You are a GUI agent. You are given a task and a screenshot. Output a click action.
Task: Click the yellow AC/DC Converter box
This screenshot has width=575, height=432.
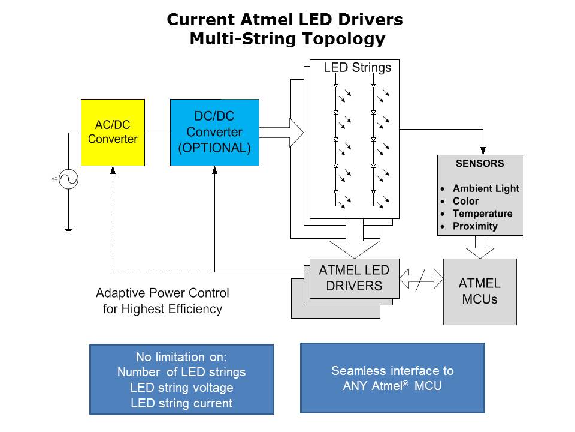coord(113,133)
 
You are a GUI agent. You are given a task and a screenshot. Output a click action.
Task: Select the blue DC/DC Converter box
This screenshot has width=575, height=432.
coord(214,133)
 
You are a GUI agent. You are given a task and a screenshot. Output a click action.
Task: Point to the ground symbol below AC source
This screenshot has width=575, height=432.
coord(68,230)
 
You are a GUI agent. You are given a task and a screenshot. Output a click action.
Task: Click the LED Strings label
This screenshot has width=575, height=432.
coord(357,68)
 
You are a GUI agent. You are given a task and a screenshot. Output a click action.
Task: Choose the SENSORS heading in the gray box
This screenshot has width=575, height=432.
coord(480,164)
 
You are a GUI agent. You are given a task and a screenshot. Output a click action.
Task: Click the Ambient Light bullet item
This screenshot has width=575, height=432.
coord(485,188)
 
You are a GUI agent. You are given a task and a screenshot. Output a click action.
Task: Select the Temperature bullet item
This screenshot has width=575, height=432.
coord(482,214)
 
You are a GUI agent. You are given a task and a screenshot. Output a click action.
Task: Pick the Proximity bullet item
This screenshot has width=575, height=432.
coord(475,226)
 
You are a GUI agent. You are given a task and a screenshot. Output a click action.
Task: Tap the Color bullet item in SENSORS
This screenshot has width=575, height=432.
coord(465,201)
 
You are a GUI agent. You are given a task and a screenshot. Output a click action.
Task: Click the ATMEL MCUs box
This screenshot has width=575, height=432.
coord(479,291)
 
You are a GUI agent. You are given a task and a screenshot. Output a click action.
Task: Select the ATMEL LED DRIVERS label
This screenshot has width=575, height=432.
coord(354,278)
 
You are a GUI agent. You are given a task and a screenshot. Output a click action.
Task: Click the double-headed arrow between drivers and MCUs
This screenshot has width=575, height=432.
coord(421,278)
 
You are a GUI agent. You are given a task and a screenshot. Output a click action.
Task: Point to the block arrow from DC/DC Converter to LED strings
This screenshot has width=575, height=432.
coord(282,133)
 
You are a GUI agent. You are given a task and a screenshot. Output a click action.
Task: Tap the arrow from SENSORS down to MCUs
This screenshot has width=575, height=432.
coord(480,246)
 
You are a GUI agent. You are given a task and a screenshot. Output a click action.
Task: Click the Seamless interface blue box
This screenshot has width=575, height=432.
coord(392,378)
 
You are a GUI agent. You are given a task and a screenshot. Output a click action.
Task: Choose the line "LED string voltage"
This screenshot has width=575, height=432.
coord(181,388)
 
